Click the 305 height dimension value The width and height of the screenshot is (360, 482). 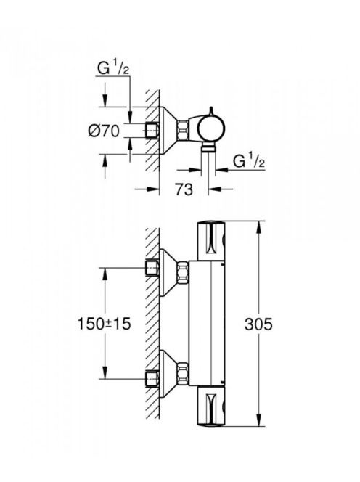pyautogui.click(x=258, y=324)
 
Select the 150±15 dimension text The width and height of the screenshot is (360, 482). pyautogui.click(x=105, y=324)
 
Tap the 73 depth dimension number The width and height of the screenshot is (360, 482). pyautogui.click(x=184, y=189)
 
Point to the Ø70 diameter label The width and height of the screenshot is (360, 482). pyautogui.click(x=103, y=131)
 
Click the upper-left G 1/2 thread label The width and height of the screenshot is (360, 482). pyautogui.click(x=113, y=68)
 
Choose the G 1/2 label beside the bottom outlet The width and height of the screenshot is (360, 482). pyautogui.click(x=249, y=161)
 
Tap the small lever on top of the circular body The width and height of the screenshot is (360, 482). pyautogui.click(x=211, y=112)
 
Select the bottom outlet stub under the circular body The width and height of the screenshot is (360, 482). pyautogui.click(x=208, y=148)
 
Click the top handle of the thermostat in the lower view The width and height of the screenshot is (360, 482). pyautogui.click(x=211, y=242)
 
